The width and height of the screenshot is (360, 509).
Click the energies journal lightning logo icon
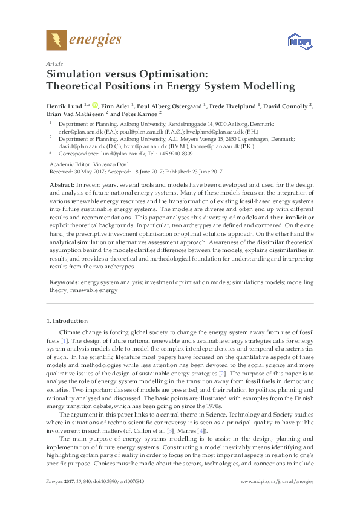(x=56, y=40)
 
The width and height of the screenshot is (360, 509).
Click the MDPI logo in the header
(x=297, y=41)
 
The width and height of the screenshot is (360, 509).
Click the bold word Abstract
(x=61, y=184)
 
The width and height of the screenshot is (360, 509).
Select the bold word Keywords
(x=62, y=282)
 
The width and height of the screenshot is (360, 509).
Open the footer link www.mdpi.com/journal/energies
(x=277, y=498)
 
